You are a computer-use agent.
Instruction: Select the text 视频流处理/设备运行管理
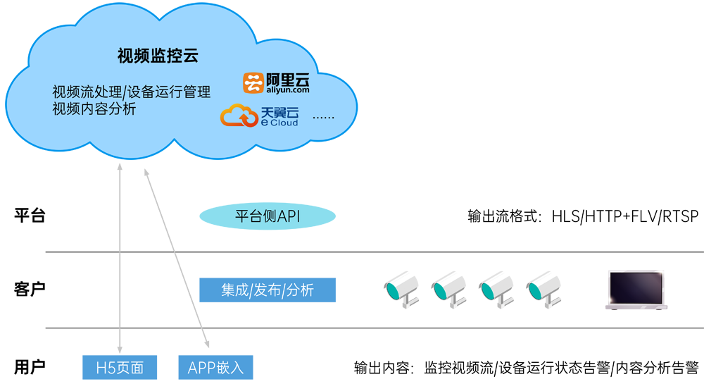[x=131, y=92]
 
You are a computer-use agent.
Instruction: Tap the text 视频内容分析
[x=94, y=109]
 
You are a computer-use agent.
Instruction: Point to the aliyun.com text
[x=287, y=90]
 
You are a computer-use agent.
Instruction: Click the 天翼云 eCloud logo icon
[x=239, y=116]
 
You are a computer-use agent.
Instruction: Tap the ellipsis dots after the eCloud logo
[x=323, y=116]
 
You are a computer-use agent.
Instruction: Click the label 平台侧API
[x=268, y=216]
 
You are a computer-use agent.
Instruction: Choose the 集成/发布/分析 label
[x=268, y=290]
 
